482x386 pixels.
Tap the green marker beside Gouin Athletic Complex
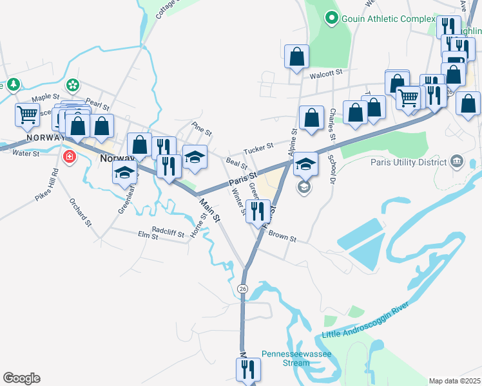tap(333, 18)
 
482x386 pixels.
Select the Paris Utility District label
tap(409, 161)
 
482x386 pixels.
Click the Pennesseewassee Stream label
tap(287, 358)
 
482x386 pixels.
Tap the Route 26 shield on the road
tap(242, 289)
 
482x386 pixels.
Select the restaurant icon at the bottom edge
tap(247, 369)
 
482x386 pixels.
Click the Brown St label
tap(282, 237)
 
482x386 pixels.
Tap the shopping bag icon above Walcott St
tap(297, 56)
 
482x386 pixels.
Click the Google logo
tap(21, 378)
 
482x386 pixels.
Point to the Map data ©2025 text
tap(454, 381)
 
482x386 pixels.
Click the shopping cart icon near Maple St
tap(27, 115)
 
